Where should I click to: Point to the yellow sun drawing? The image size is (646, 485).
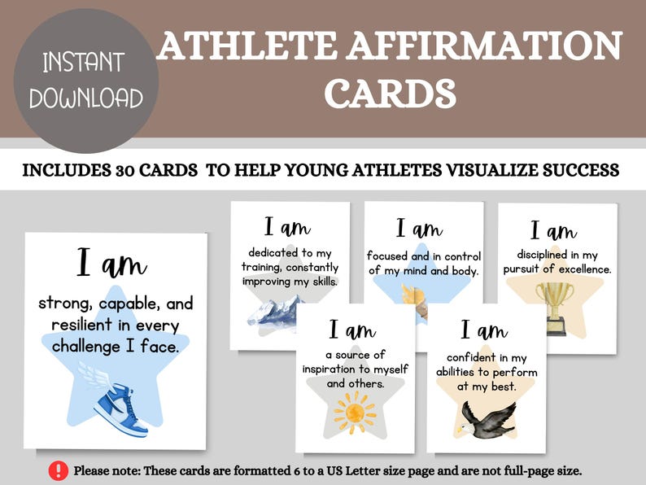pos(356,411)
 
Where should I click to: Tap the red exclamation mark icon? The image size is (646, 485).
pos(59,470)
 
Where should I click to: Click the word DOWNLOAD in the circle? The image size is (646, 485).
pos(86,98)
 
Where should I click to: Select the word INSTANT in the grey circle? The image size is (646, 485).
pos(84,63)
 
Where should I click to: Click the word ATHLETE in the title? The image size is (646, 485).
pos(245,46)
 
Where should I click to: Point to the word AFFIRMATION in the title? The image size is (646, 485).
pos(481,46)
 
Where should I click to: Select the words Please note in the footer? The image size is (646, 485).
pos(105,471)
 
